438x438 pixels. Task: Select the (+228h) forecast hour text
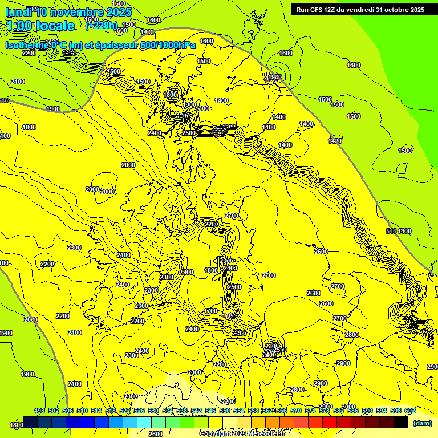click(x=102, y=25)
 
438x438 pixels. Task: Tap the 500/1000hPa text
click(x=175, y=45)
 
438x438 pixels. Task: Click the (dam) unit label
click(x=421, y=423)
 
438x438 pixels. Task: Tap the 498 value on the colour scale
click(x=39, y=411)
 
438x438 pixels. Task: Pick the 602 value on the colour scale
click(x=410, y=411)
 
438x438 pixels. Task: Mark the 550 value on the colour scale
click(x=225, y=411)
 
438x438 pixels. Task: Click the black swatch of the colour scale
click(x=401, y=422)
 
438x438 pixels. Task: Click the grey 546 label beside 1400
click(x=391, y=231)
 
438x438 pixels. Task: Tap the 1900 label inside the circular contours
click(x=275, y=77)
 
